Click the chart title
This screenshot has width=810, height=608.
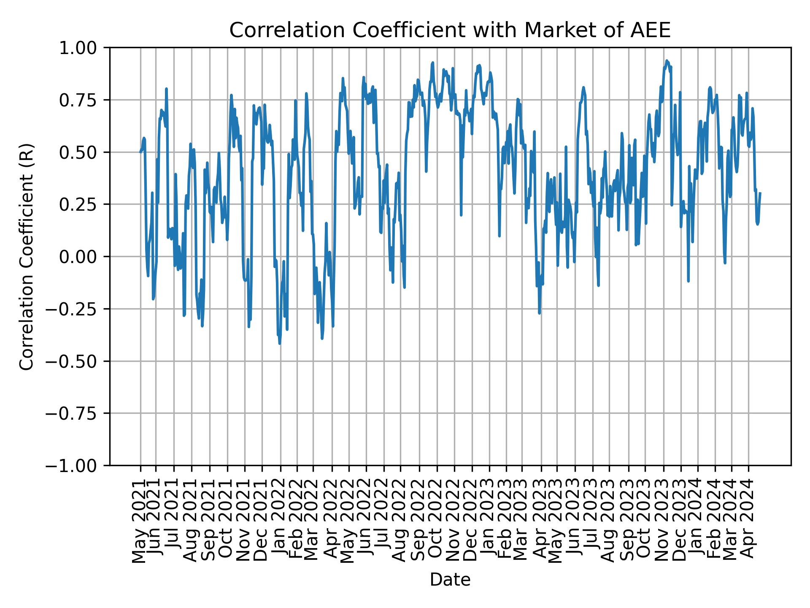(x=450, y=30)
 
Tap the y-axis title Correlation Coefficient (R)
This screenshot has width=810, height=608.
(x=26, y=256)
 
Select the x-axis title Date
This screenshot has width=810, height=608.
(x=450, y=580)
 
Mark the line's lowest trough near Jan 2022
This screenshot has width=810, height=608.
(x=280, y=343)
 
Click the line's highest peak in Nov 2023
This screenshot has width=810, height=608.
(x=667, y=60)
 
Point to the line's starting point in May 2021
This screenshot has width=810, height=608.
(x=140, y=152)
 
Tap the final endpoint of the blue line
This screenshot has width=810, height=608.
(x=760, y=193)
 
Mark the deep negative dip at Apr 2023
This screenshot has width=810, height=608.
(x=539, y=313)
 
